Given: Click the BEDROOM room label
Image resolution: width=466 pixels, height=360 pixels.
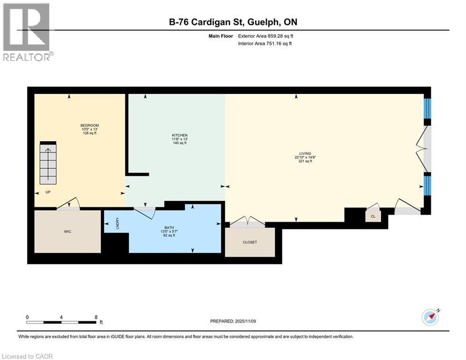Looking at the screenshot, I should click(x=89, y=126).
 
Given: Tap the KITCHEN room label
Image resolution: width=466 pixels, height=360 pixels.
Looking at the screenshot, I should click(x=179, y=135).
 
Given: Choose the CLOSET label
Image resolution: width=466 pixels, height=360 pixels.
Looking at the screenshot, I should click(x=250, y=242).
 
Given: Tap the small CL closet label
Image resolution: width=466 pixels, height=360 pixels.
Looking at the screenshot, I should click(x=373, y=217).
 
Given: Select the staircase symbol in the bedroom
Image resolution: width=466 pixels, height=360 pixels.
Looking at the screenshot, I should click(x=48, y=163).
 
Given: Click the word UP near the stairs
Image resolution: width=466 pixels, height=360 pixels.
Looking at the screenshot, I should click(x=48, y=192).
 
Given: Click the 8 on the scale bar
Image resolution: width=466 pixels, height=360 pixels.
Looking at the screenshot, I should click(x=96, y=317).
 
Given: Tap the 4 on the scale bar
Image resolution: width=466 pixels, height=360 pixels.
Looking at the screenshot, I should click(x=61, y=317).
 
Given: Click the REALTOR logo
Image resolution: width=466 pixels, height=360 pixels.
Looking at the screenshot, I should click(x=27, y=32).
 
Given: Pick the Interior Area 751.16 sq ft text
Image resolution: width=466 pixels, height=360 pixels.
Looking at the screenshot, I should click(x=266, y=44).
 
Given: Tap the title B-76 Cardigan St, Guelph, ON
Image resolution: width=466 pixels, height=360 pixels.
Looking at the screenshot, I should click(x=233, y=22).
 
